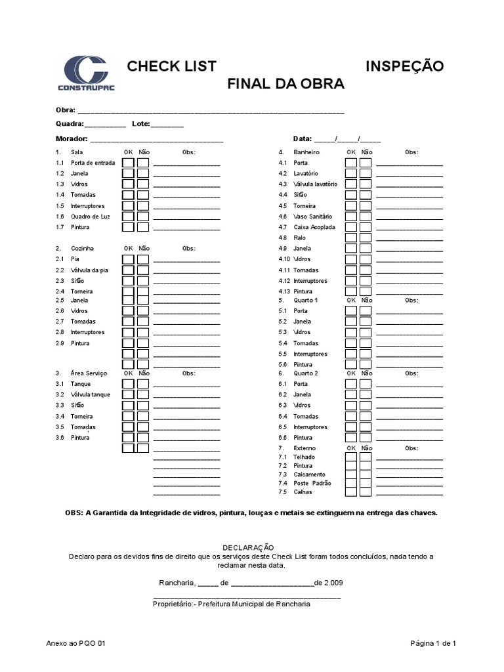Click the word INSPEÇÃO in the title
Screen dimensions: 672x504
pos(404,66)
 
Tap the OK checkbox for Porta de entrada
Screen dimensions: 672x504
pos(128,163)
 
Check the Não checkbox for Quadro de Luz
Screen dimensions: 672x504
pos(142,217)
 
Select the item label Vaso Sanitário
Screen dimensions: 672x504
pos(314,217)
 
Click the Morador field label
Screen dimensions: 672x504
pos(72,139)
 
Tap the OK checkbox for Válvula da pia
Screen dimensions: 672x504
pos(128,270)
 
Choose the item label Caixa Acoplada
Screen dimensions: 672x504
pos(314,227)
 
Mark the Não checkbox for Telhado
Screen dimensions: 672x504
pos(366,457)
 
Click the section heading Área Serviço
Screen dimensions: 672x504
pos(90,373)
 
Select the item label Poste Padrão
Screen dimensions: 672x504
pos(312,483)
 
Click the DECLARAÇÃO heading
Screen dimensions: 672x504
pos(251,547)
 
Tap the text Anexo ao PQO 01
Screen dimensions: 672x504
pos(76,644)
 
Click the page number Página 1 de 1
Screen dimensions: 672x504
pos(433,644)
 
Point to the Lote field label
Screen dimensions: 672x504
pos(140,124)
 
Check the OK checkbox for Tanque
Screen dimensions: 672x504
pos(128,384)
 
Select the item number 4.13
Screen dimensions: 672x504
pos(284,291)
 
